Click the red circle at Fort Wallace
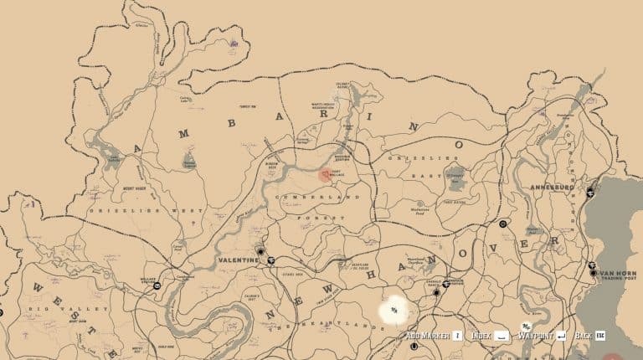click(x=325, y=175)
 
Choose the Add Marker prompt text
click(x=427, y=336)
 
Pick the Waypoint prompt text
click(x=535, y=336)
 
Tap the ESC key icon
click(x=600, y=336)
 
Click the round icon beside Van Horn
click(x=593, y=272)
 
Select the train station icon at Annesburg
click(x=590, y=192)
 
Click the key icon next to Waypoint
click(x=562, y=336)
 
